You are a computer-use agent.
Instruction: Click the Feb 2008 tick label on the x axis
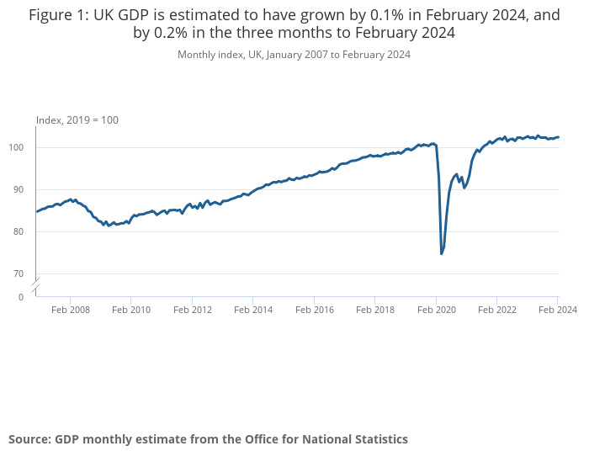(x=71, y=310)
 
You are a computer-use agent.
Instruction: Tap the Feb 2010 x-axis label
(x=131, y=310)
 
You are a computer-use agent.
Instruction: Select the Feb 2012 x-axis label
(x=193, y=310)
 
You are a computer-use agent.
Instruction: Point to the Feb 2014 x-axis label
(x=253, y=310)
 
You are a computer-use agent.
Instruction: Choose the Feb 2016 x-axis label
(x=314, y=310)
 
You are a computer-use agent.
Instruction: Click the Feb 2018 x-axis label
(x=375, y=310)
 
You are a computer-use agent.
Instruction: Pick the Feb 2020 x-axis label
(x=436, y=310)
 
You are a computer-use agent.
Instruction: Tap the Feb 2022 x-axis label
(x=496, y=310)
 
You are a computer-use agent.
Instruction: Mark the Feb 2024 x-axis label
(x=557, y=310)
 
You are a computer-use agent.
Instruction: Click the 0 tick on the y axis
(x=21, y=297)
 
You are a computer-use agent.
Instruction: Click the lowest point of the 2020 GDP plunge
(x=442, y=253)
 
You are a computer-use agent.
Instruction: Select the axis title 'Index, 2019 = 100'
(x=77, y=120)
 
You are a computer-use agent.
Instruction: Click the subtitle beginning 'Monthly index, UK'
(x=294, y=55)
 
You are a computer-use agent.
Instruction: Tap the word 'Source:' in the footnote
(x=30, y=439)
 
